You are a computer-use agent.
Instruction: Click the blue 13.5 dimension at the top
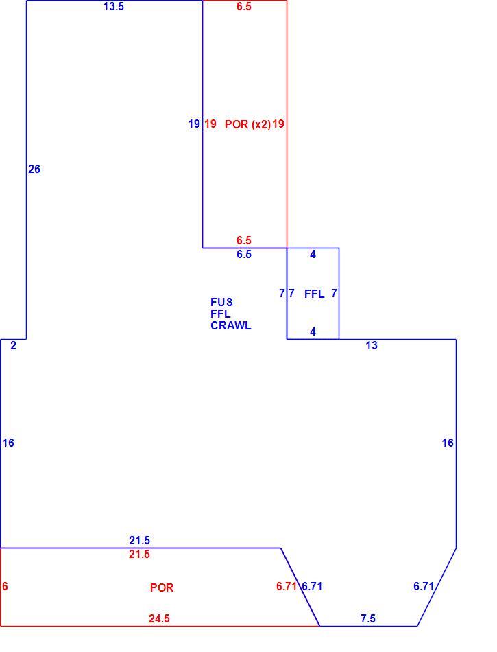(113, 7)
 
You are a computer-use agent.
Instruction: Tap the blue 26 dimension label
(34, 170)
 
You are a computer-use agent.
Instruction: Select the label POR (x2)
(248, 124)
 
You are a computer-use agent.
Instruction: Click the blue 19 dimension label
(194, 124)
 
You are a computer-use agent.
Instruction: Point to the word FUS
(221, 302)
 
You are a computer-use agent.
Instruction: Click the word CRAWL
(231, 325)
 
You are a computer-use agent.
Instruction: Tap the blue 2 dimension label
(13, 345)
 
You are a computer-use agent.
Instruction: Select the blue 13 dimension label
(372, 345)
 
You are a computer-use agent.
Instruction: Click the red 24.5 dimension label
(160, 619)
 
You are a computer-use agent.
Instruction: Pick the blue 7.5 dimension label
(368, 619)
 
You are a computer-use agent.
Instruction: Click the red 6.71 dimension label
(287, 586)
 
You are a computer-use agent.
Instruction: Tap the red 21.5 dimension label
(139, 555)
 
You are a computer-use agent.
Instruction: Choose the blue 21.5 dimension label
(139, 541)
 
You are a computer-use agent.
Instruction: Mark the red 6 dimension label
(5, 586)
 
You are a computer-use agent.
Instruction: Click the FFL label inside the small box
(315, 294)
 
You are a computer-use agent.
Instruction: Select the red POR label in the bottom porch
(162, 587)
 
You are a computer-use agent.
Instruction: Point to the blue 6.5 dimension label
(244, 254)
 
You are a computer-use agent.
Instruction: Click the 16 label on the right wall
(448, 443)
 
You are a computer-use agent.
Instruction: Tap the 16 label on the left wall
(8, 443)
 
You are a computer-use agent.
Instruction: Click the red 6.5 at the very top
(244, 7)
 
